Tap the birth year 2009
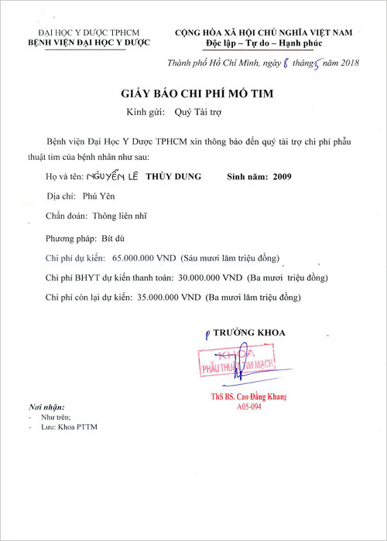pos(279,177)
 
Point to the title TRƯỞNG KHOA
pos(249,332)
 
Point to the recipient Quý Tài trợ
pos(197,113)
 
